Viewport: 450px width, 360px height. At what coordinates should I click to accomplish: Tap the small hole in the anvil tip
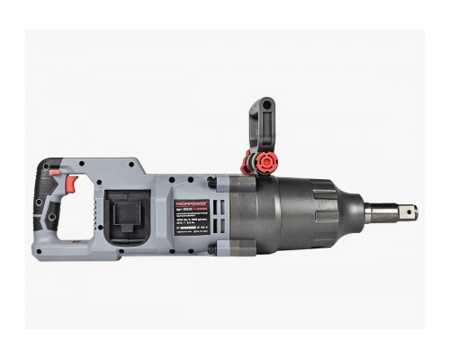[409, 213]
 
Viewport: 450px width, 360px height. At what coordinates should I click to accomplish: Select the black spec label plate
[191, 220]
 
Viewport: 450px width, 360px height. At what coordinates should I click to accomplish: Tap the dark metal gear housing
[288, 214]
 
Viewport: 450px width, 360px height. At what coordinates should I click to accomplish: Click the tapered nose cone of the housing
[346, 213]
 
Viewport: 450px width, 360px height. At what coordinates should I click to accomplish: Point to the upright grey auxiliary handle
[261, 126]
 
